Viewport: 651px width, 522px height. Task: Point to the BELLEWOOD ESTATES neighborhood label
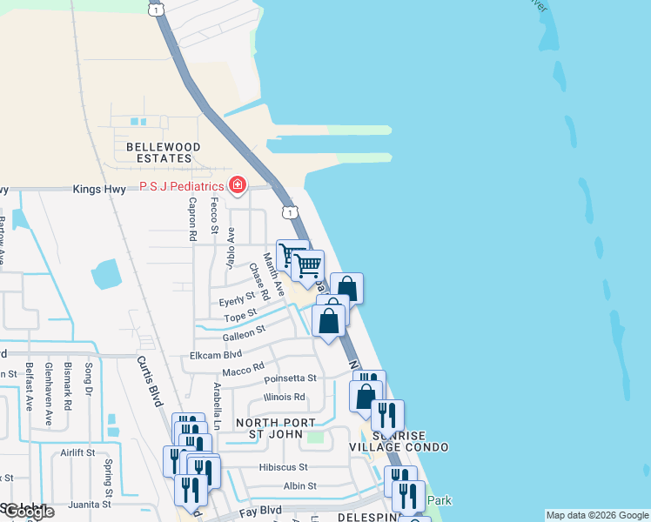164,153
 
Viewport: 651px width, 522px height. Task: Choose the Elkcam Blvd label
216,355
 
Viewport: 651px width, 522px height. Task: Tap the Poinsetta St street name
289,378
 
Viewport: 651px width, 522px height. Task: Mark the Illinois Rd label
285,398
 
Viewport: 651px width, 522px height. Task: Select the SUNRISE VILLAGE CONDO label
399,441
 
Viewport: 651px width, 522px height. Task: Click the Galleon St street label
243,333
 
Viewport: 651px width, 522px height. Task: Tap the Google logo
28,512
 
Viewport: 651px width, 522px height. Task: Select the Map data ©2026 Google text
597,516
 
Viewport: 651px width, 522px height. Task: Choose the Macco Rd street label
243,371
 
